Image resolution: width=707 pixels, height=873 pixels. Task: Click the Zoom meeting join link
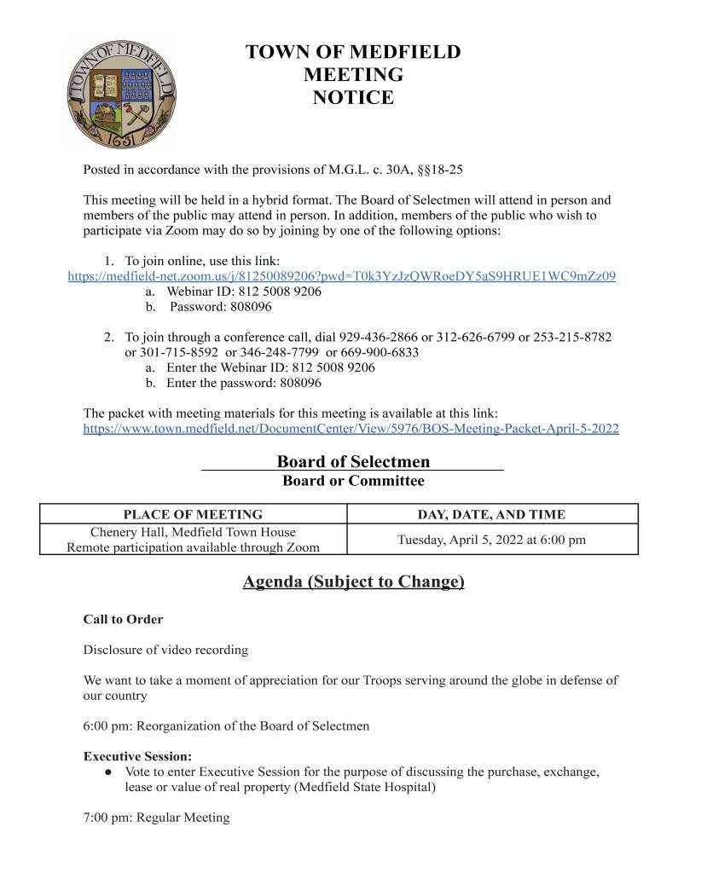341,276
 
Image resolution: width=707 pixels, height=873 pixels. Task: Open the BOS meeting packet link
351,429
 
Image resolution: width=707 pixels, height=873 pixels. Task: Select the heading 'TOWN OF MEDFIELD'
353,52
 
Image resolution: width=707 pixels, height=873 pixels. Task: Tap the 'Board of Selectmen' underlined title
353,462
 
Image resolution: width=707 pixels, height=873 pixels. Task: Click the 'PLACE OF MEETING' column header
193,514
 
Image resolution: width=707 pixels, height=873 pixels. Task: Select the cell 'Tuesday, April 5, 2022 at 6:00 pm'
491,540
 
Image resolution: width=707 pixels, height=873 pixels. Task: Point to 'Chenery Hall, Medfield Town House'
193,533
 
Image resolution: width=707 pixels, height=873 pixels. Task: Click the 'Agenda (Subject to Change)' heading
353,582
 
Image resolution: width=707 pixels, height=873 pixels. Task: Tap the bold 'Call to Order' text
123,619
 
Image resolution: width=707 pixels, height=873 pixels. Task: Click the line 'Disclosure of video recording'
165,650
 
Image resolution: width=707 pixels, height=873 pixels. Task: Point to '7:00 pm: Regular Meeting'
156,818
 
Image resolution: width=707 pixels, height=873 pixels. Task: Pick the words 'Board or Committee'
353,481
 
